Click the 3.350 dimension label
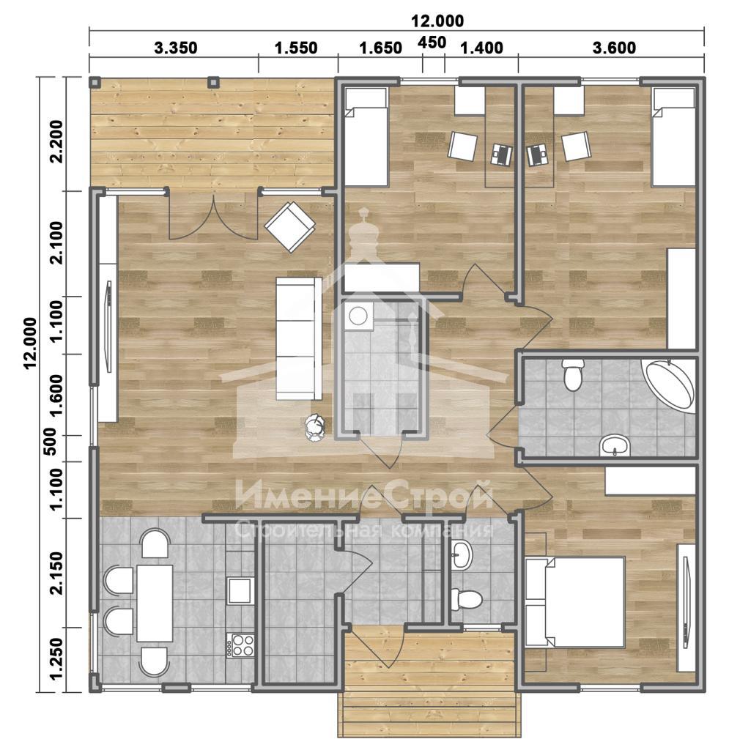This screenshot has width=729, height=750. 176,48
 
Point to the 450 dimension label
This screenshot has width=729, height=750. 432,42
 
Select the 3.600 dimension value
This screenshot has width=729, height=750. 614,48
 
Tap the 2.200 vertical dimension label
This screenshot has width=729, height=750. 56,141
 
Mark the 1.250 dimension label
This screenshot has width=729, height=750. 56,658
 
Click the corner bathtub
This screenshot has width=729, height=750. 670,387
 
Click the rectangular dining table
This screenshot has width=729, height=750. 155,603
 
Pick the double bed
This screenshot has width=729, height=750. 574,602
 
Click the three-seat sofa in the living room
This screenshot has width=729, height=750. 299,338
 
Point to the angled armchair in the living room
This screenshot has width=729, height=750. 290,227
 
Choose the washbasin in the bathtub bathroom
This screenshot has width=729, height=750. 615,445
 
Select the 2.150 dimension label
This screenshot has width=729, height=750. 56,573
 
